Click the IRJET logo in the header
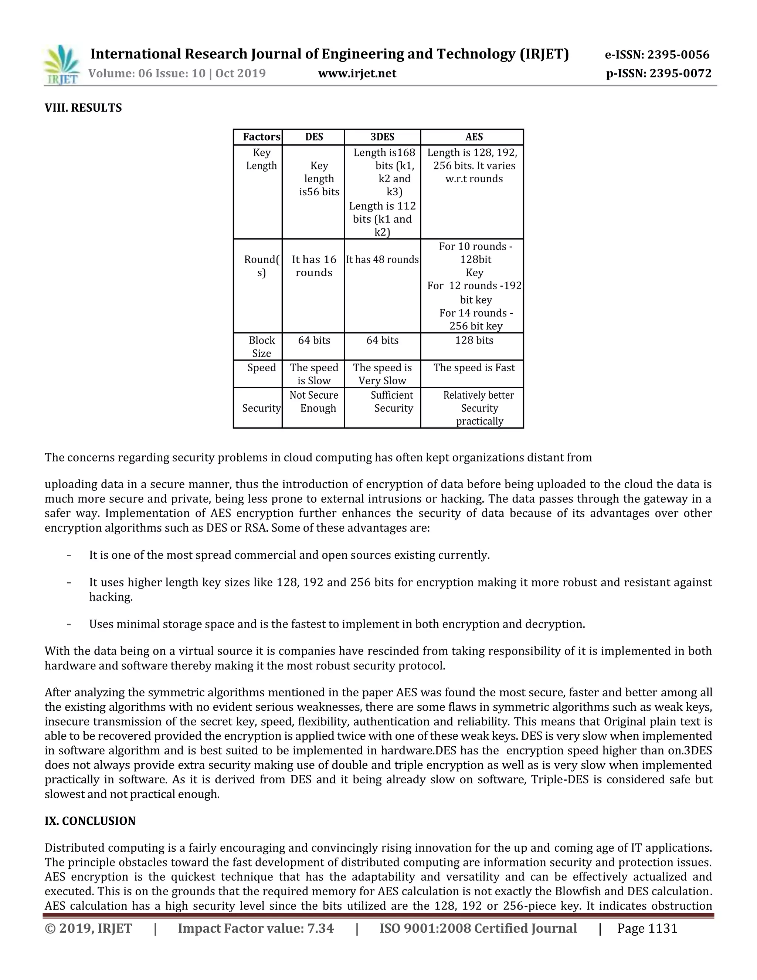coord(62,65)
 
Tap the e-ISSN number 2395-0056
coord(679,55)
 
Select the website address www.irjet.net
coord(357,74)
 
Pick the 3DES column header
coord(382,137)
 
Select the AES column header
coord(473,137)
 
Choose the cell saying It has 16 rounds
coord(314,266)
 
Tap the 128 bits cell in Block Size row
coord(473,340)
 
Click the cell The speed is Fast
coord(473,368)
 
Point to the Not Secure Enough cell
coord(314,402)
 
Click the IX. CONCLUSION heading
coord(90,821)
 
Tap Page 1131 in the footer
coord(647,928)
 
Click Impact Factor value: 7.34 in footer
coord(256,928)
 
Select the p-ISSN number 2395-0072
coord(680,74)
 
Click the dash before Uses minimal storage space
coord(69,624)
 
